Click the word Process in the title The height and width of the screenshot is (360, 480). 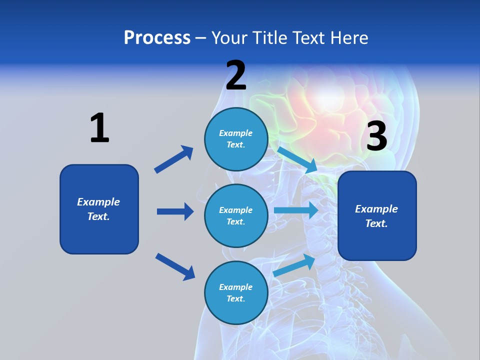tap(157, 38)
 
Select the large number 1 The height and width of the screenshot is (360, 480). tap(99, 128)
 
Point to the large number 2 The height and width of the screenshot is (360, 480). tap(236, 76)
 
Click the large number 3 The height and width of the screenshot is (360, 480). tap(376, 136)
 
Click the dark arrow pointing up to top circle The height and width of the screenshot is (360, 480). tap(174, 159)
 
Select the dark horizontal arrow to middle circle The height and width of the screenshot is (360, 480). tap(175, 211)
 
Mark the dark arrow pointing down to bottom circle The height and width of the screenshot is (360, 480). tap(175, 266)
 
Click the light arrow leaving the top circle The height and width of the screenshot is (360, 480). tap(298, 159)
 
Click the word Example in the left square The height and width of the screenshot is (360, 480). tap(98, 202)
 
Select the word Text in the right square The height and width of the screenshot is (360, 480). tap(376, 223)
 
